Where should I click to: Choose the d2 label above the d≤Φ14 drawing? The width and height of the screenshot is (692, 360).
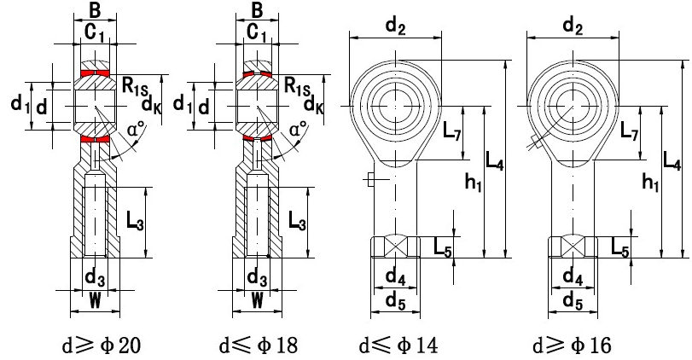(x=395, y=27)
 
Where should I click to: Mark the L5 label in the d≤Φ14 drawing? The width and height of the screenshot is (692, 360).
(x=442, y=247)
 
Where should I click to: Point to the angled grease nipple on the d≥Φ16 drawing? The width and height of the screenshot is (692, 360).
(x=535, y=142)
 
